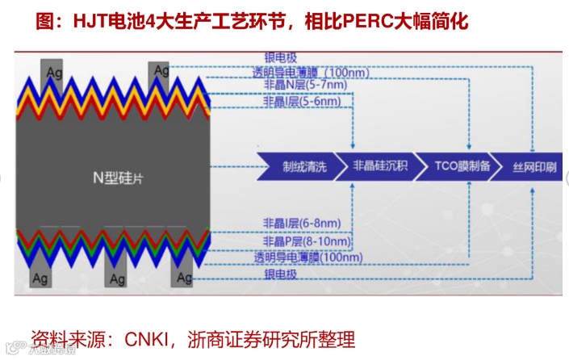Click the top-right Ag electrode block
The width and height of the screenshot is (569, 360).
coord(160,69)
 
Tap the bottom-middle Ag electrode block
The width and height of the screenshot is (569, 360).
coord(117,278)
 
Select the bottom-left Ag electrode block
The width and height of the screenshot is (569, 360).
coord(44,279)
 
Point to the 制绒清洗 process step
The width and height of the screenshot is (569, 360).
coord(303,166)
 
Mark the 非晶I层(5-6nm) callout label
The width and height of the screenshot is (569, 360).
coord(292,103)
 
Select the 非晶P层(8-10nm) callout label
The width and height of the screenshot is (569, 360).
coord(299,241)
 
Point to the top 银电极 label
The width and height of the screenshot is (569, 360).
coord(281,58)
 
